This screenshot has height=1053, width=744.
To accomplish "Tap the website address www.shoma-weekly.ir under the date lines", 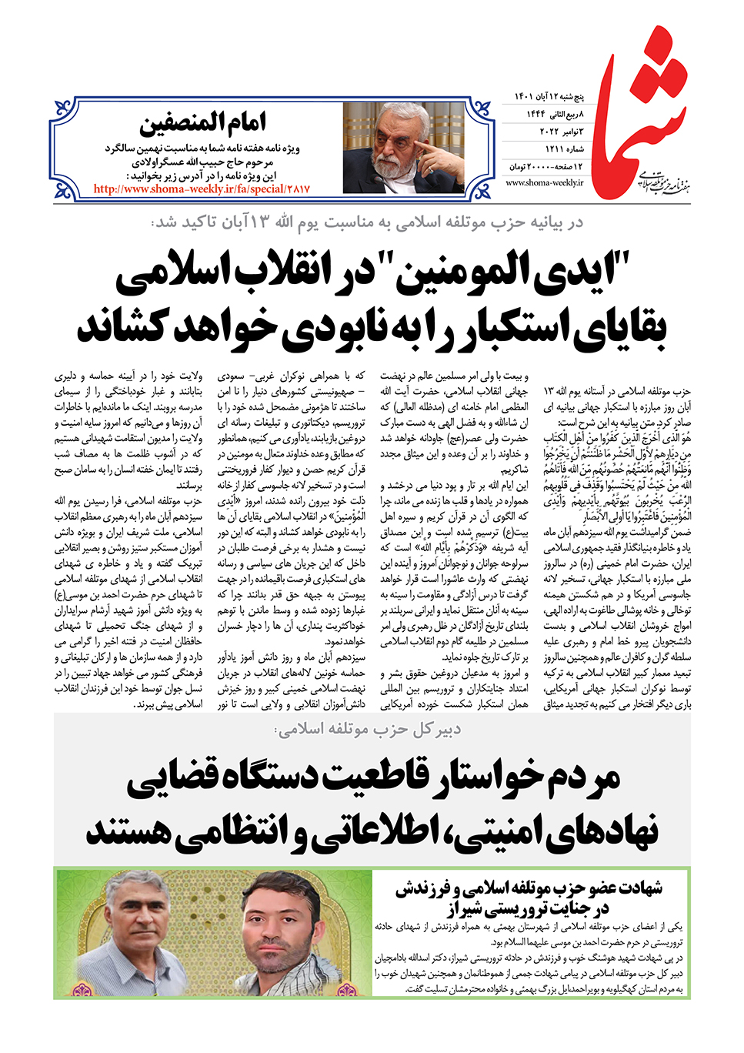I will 545,183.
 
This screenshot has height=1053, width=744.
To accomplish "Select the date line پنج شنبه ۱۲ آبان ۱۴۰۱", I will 549,97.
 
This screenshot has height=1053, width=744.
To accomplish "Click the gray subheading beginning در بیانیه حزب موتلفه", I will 368,223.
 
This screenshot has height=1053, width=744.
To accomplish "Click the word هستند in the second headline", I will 131,831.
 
